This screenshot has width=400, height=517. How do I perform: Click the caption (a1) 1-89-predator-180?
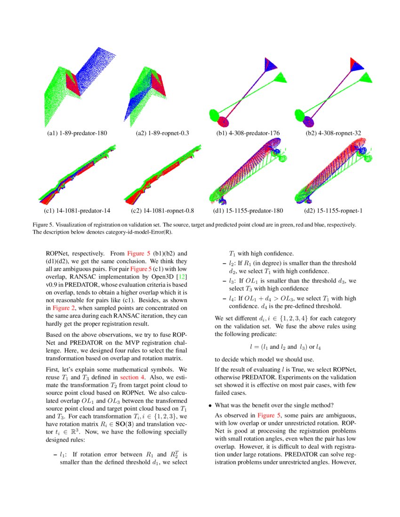pos(74,133)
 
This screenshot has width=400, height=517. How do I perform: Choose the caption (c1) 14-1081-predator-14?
pos(74,211)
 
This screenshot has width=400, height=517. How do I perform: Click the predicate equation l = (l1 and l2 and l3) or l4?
pos(285,347)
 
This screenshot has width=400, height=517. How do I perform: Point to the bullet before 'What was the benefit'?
pos(210,405)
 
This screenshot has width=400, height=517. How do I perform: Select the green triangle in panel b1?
pos(281,78)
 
